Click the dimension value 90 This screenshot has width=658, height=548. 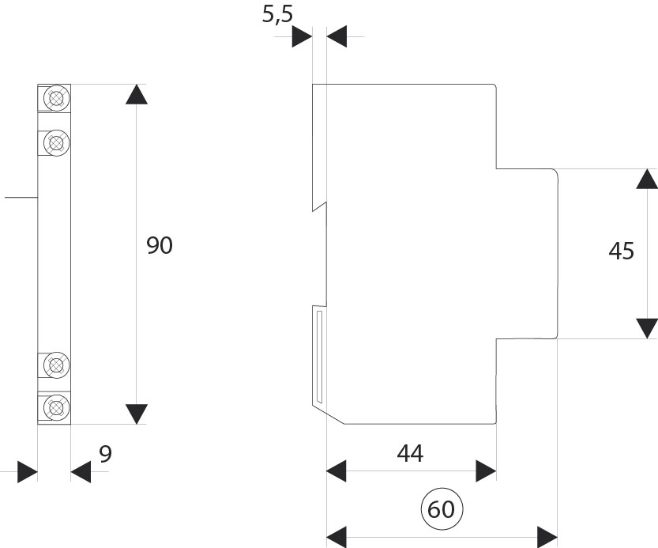(x=159, y=246)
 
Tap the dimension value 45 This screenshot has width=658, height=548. (x=622, y=251)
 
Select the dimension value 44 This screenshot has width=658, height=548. (x=410, y=453)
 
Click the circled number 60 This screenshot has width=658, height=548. (x=442, y=510)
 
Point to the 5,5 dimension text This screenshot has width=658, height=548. (x=277, y=15)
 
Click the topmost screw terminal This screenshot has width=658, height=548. (x=55, y=98)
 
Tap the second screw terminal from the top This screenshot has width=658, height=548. (x=55, y=142)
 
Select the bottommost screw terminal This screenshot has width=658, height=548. (x=55, y=408)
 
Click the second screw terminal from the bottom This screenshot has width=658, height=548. (x=55, y=365)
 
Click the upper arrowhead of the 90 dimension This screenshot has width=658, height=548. (x=137, y=93)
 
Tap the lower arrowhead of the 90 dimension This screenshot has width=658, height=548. (x=137, y=414)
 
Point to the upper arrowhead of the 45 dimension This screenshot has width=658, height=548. (x=647, y=179)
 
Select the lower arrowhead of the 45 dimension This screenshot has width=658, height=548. (x=647, y=327)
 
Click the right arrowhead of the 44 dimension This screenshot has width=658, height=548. (x=486, y=472)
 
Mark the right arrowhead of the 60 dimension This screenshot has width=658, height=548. (x=547, y=535)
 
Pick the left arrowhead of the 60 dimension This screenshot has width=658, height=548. (x=337, y=535)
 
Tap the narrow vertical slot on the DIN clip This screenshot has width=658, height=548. (x=318, y=355)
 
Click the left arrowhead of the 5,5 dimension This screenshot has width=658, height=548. (x=303, y=36)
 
